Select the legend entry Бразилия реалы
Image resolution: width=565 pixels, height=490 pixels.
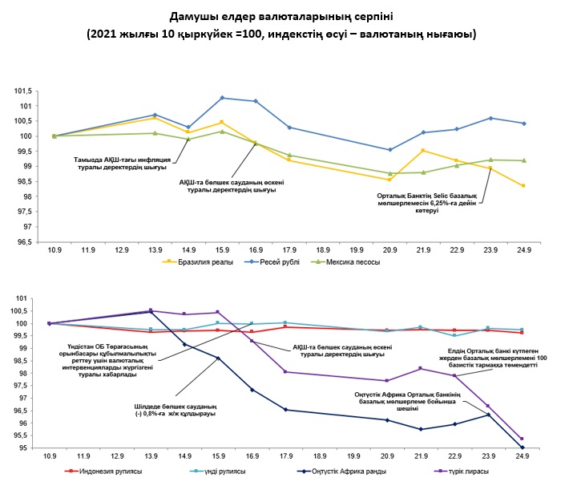point(194,261)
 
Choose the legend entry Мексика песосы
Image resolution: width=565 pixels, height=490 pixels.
point(353,261)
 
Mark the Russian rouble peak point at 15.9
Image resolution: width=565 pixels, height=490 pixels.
point(222,98)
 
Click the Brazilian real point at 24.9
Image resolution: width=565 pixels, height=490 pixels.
point(523,186)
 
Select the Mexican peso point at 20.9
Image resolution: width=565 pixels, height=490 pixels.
point(389,173)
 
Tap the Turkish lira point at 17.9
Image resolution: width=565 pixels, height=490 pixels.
point(286,371)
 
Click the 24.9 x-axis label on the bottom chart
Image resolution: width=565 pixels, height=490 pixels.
point(523,456)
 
